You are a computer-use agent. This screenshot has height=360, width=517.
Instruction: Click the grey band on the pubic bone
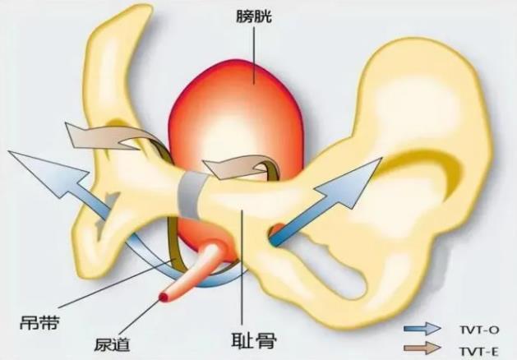pyautogui.click(x=192, y=192)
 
